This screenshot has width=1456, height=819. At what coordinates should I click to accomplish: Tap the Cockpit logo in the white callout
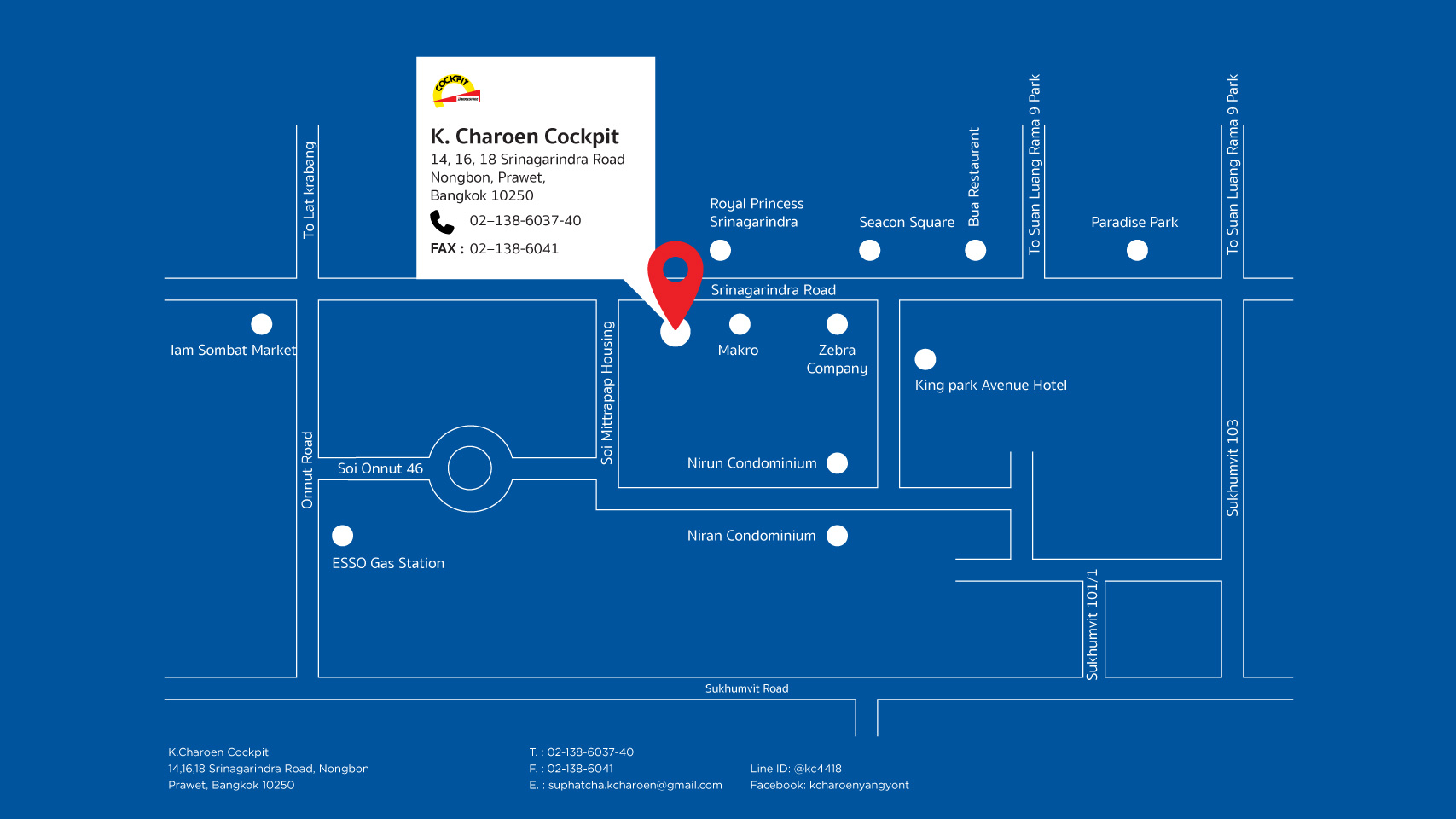point(455,91)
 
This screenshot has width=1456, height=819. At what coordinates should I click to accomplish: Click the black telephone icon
point(442,223)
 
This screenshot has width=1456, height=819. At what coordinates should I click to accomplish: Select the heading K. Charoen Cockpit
point(524,136)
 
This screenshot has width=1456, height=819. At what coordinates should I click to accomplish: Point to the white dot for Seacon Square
point(870,250)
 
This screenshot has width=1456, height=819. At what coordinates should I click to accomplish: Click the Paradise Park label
point(1134,223)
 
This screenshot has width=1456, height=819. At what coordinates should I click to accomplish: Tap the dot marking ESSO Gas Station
point(343,536)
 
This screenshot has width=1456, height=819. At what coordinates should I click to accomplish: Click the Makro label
point(738,351)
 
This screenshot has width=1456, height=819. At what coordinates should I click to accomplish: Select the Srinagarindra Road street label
point(774,290)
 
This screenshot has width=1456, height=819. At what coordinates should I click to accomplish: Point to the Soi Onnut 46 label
point(380,468)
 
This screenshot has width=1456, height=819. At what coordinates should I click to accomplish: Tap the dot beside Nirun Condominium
point(838,463)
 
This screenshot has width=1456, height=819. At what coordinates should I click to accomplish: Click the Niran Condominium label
point(751,536)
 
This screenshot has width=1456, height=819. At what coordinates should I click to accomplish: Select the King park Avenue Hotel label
point(990,386)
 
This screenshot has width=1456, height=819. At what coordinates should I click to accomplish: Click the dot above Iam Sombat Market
point(261,323)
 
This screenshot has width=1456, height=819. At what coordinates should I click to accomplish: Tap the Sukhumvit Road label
point(747,688)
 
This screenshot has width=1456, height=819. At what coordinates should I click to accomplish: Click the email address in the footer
point(635,785)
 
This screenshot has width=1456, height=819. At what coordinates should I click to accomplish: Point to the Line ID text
point(796,769)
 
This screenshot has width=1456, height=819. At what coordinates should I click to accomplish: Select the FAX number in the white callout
point(514,249)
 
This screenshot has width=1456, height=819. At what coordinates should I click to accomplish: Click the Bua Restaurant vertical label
point(974,177)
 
